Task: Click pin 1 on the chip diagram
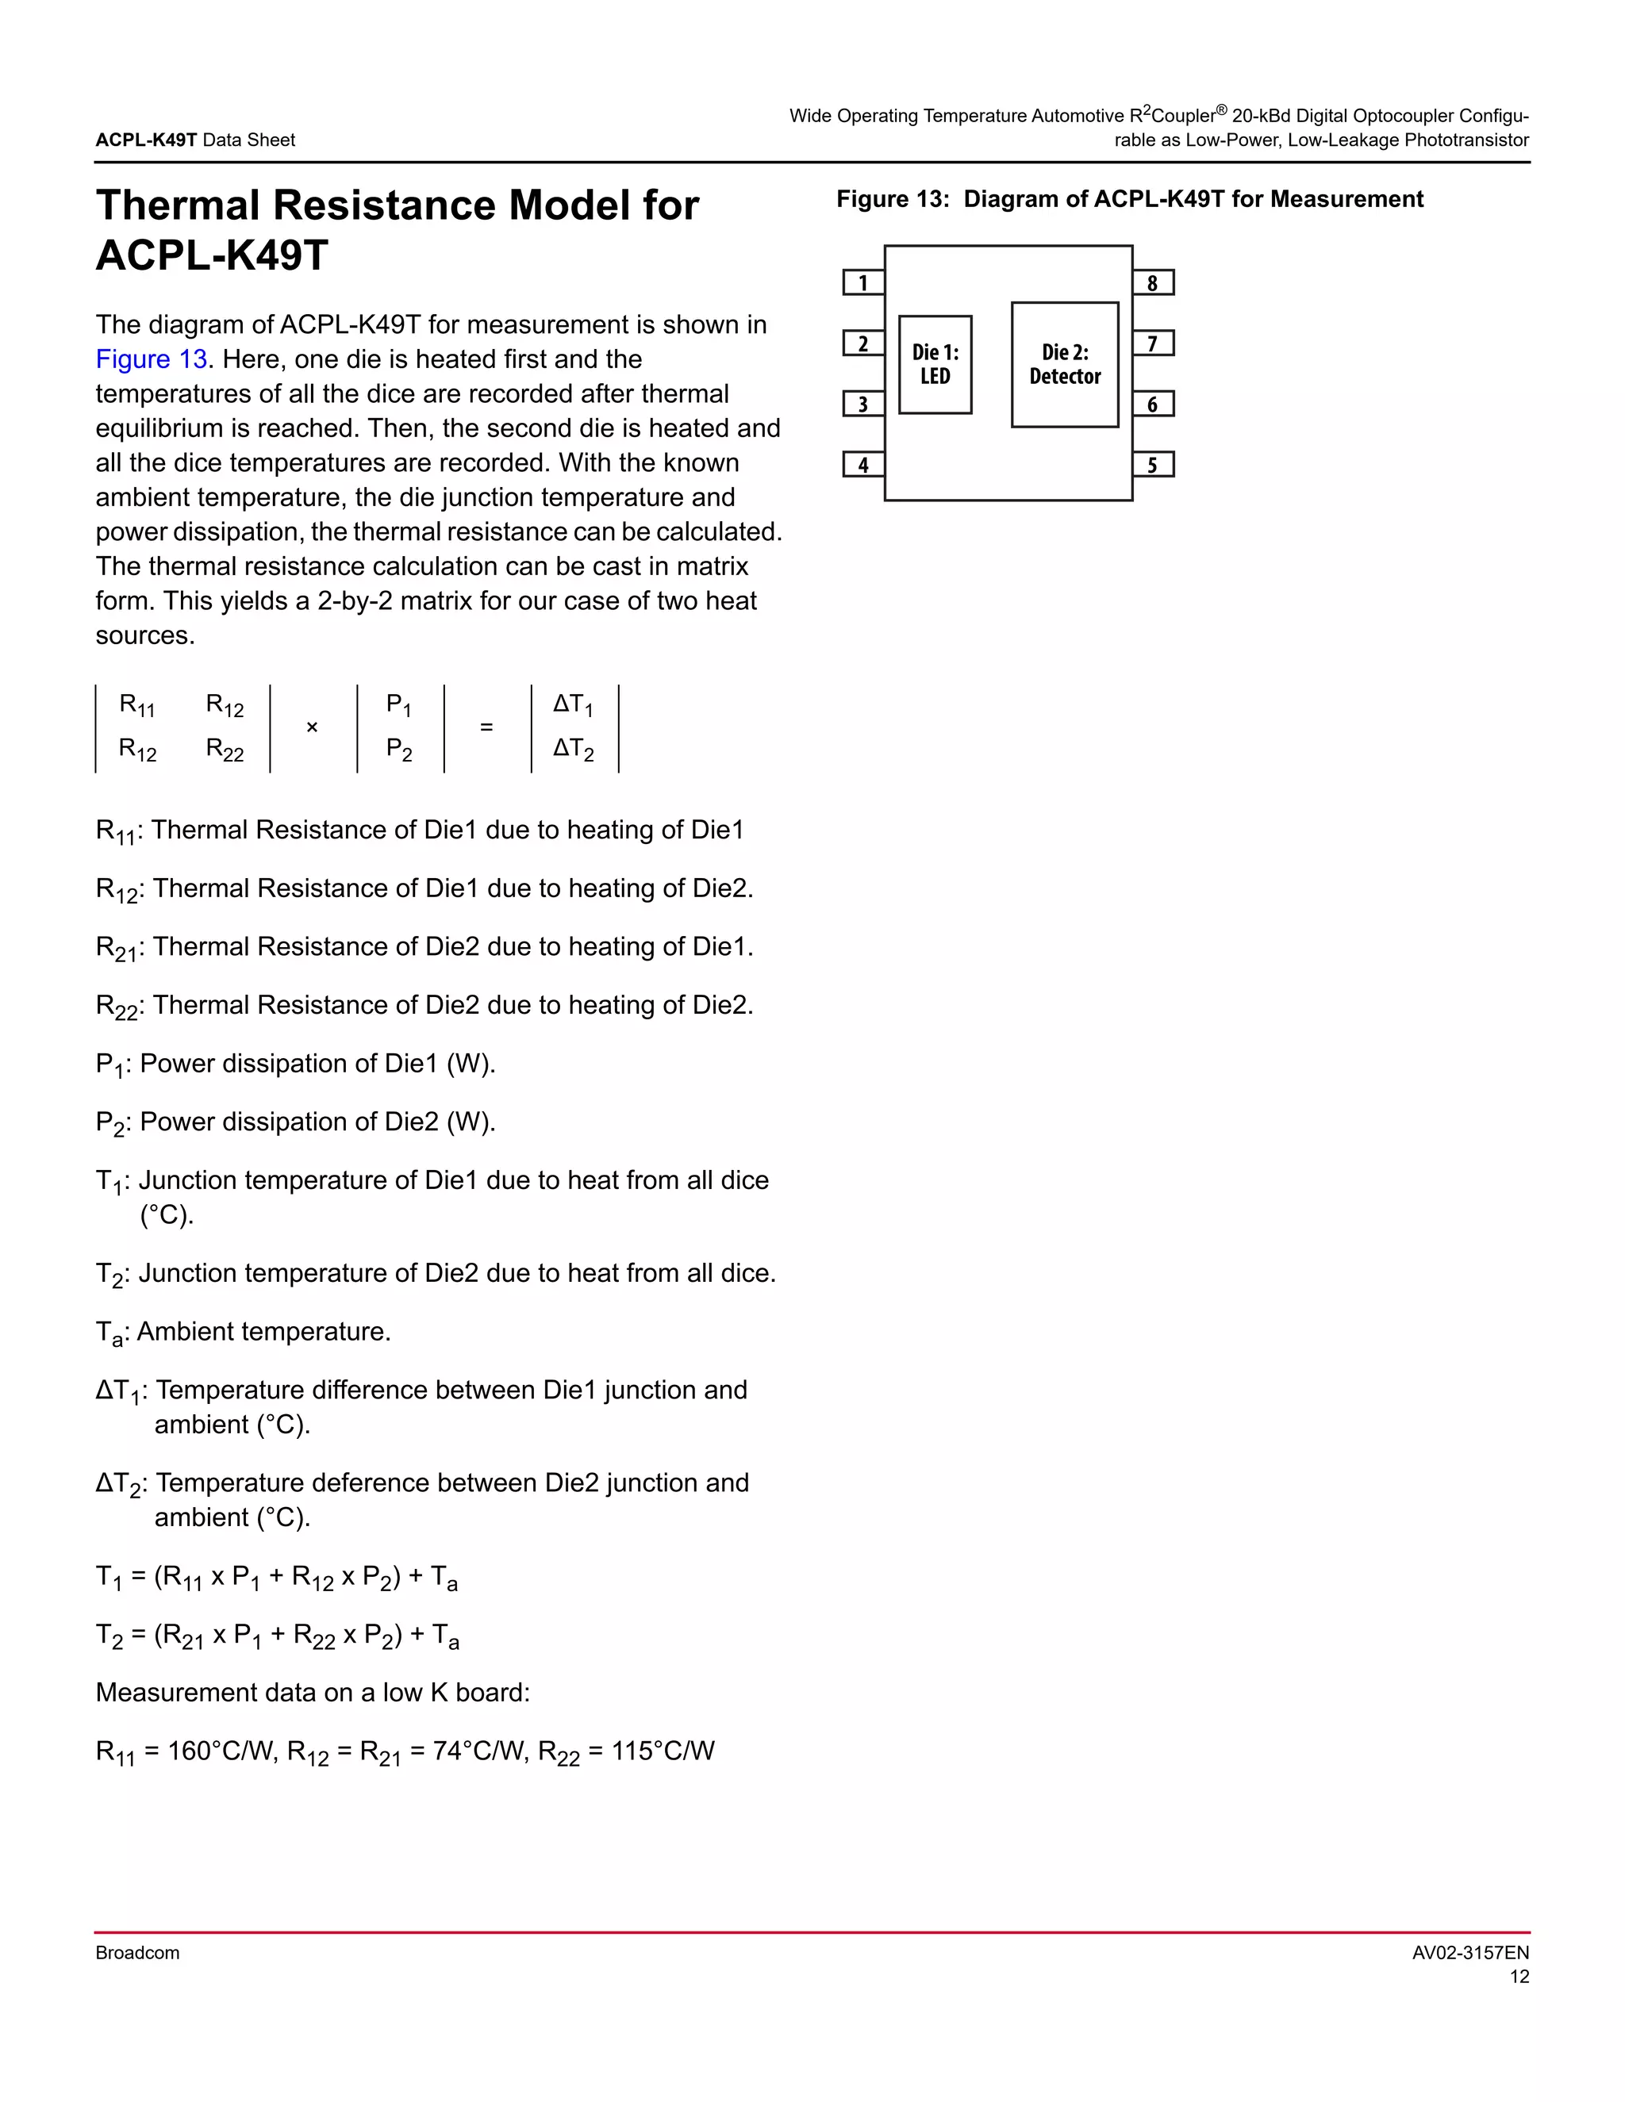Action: [862, 283]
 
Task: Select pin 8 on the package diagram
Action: [1152, 283]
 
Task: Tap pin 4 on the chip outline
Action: [862, 465]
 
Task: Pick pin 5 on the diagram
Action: [1152, 465]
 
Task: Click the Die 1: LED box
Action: [935, 365]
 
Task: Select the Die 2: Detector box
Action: [1065, 365]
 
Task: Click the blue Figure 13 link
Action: [151, 359]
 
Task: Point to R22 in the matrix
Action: [225, 750]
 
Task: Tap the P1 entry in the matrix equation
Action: [398, 705]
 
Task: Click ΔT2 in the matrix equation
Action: [573, 750]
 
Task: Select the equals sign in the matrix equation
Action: [486, 727]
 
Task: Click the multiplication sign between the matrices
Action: [312, 727]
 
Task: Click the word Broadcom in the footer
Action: [137, 1953]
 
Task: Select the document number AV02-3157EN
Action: [1470, 1953]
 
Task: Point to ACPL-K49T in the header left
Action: [146, 140]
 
